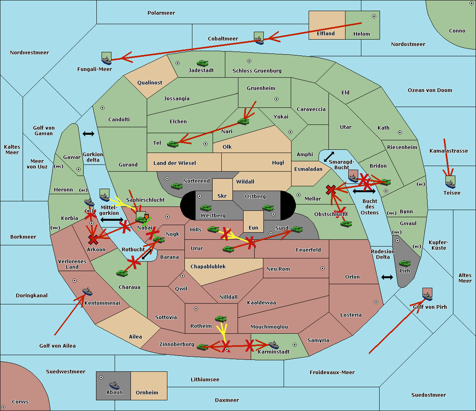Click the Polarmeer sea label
161,13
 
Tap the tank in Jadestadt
203,63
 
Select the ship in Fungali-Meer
106,59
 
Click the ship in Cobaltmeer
259,39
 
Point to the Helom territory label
361,34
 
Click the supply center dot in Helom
374,16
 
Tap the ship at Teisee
450,183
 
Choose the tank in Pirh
405,263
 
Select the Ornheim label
147,393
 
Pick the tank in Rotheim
221,319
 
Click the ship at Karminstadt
274,345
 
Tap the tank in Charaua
122,273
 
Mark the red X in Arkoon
93,240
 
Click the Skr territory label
222,196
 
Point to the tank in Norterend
177,186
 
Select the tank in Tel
173,144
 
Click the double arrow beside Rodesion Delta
387,277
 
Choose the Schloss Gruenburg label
257,71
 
